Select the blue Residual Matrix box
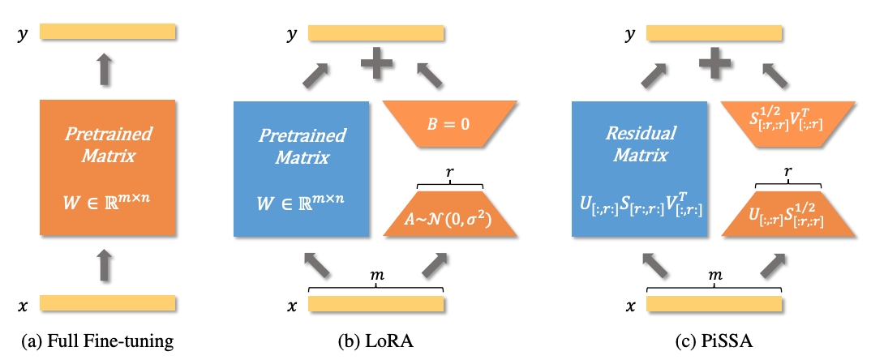point(639,169)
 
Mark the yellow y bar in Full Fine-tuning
point(109,31)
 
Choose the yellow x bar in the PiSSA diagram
point(715,303)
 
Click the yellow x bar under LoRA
point(376,303)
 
